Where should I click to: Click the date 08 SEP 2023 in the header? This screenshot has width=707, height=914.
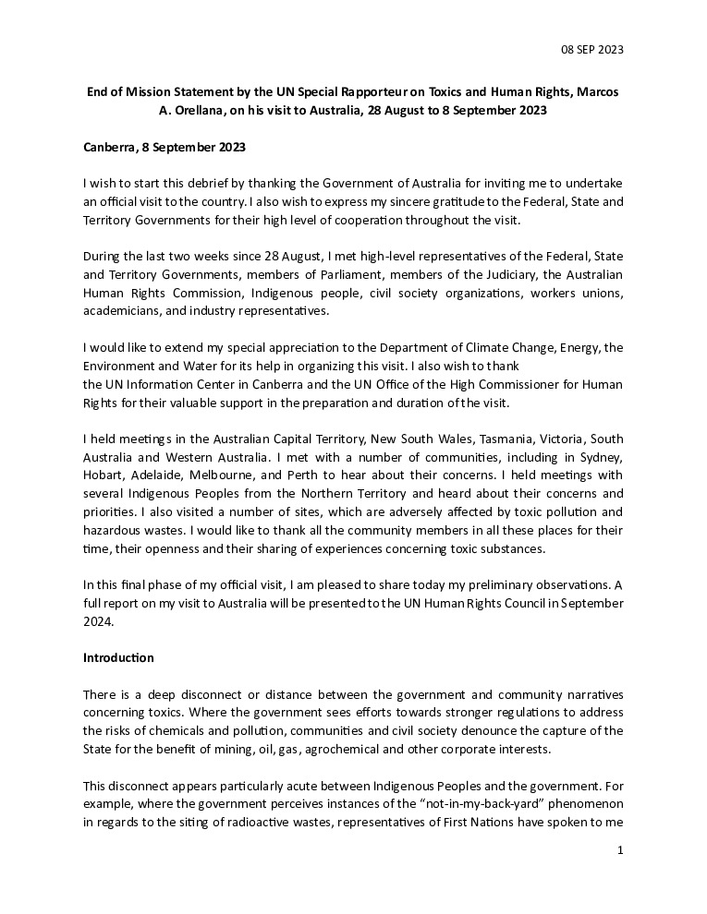[x=592, y=49]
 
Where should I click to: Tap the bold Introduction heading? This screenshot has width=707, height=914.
[x=118, y=658]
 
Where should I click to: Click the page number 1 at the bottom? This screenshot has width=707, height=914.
[x=620, y=849]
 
